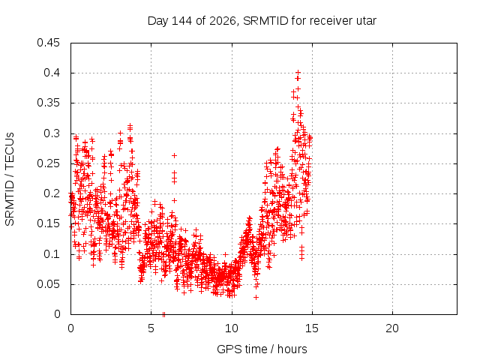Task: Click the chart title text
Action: click(262, 21)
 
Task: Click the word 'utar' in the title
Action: click(366, 21)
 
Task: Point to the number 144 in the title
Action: click(181, 21)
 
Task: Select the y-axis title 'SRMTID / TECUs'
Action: click(10, 179)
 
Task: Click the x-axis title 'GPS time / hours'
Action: click(262, 349)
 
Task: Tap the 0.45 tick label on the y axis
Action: click(48, 43)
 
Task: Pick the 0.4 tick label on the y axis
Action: click(52, 73)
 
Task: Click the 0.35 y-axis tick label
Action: click(48, 103)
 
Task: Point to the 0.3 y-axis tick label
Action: click(52, 133)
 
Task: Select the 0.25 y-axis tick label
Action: click(48, 163)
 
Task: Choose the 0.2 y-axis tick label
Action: click(52, 193)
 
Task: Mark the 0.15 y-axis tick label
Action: click(48, 223)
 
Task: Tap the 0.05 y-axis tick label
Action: click(48, 284)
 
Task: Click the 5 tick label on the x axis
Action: click(151, 328)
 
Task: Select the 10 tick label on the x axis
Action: click(232, 328)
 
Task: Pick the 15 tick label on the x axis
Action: click(312, 328)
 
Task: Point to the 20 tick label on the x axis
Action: click(392, 328)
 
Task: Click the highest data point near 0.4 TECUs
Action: click(298, 73)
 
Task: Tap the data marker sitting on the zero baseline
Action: click(163, 314)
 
